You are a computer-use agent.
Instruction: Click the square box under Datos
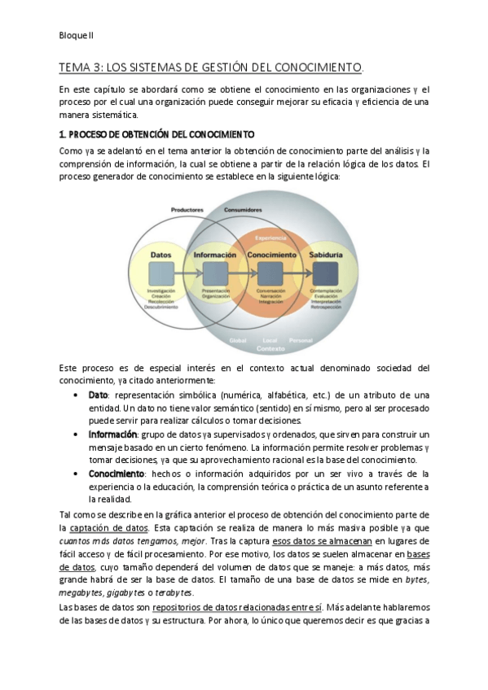160,273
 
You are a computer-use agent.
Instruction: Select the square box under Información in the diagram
214,273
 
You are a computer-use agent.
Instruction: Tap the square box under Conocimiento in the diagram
270,273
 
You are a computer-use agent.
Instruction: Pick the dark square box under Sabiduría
325,273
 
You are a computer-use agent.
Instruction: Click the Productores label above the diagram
187,210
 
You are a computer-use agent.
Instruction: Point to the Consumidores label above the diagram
244,210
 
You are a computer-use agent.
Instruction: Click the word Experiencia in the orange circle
270,237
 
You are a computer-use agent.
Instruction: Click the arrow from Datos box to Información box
187,273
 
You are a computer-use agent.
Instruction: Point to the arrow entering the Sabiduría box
298,273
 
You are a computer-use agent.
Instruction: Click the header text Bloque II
77,36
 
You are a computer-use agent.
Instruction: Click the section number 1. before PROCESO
64,133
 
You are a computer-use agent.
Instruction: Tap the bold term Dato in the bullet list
98,395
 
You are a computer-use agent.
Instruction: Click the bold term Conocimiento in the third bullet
116,473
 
